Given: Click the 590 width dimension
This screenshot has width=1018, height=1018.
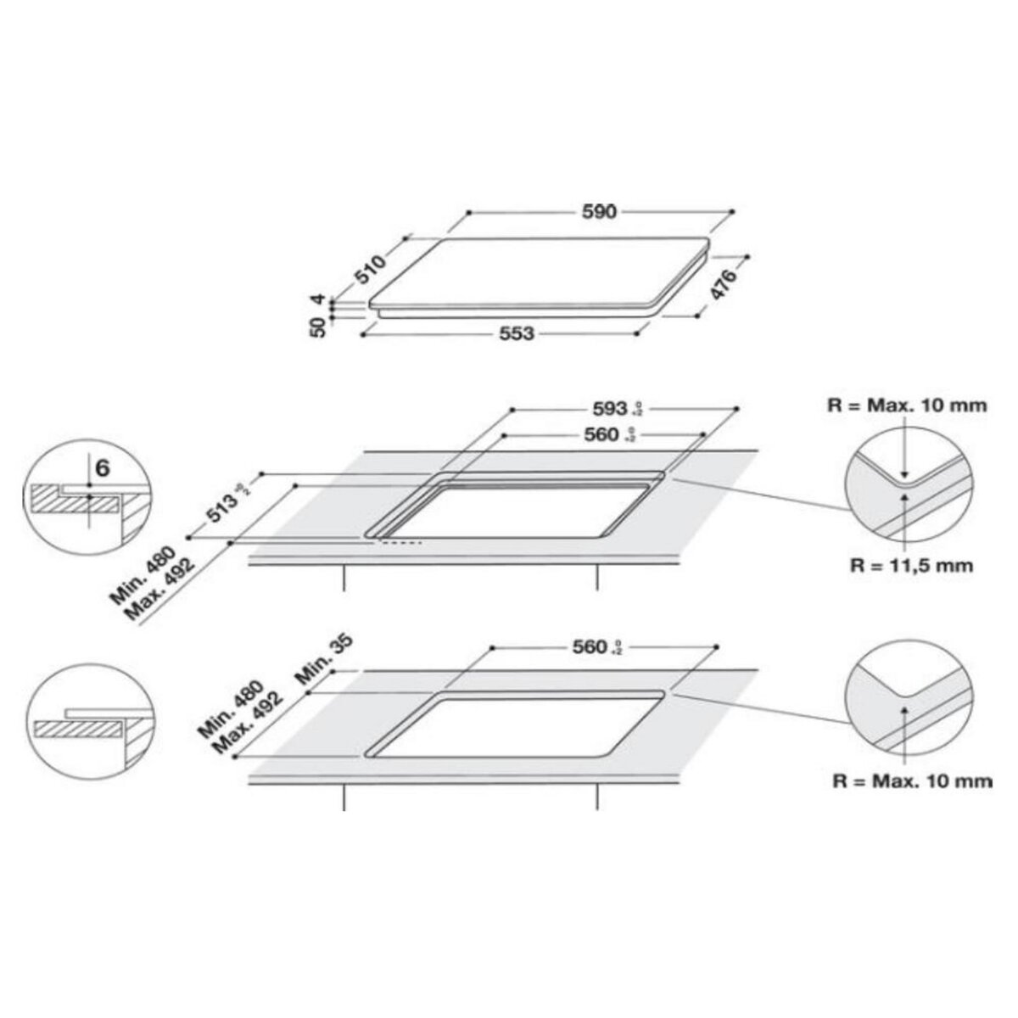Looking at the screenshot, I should click(599, 211).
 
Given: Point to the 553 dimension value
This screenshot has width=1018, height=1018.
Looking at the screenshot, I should click(516, 334).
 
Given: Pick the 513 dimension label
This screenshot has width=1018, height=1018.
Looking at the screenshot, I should click(219, 515).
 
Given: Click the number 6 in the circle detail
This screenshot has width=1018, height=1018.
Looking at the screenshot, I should click(102, 467).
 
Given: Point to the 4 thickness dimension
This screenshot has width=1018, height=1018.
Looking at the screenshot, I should click(319, 300).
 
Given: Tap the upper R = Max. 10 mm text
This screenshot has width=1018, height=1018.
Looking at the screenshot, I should click(919, 405).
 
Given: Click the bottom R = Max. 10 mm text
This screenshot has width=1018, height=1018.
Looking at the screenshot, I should click(920, 780).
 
